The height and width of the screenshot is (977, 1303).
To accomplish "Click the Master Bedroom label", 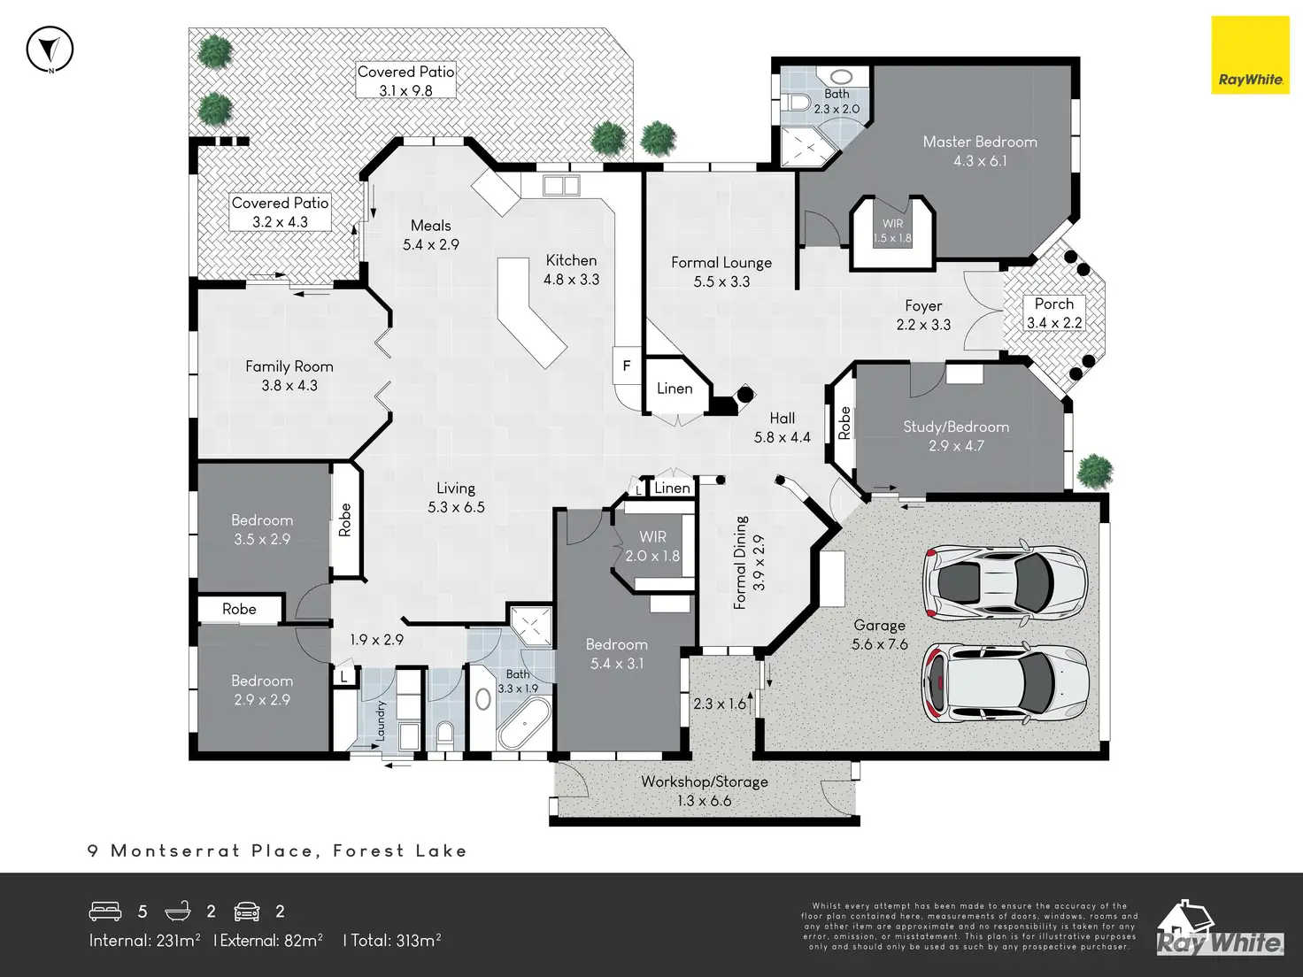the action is point(979,142).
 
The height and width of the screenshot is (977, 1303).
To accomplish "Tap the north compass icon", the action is point(50,50).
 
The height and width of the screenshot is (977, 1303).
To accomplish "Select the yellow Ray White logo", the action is point(1250,55).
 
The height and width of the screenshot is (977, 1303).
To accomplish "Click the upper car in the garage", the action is point(1004,582).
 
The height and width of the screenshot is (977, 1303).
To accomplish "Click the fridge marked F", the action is point(627,365).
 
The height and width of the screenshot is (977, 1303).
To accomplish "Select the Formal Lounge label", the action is point(721,263).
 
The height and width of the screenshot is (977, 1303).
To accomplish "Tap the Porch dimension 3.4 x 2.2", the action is point(1053,323).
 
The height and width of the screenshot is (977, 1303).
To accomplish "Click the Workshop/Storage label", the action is point(704,781).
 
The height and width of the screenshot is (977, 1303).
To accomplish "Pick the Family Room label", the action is point(289,366).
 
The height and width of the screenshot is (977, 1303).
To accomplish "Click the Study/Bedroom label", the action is point(956,427).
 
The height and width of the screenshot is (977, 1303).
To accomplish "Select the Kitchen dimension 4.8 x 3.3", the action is point(571,280).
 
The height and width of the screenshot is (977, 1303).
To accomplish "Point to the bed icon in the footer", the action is point(105,912).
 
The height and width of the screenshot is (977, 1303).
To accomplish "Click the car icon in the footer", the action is point(246,912).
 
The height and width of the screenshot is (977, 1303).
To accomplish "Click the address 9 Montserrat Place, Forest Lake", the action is point(277,851).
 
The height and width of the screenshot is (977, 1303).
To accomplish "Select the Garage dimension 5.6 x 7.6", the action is point(879,644).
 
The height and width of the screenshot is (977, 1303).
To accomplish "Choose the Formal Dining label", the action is point(741,563).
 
